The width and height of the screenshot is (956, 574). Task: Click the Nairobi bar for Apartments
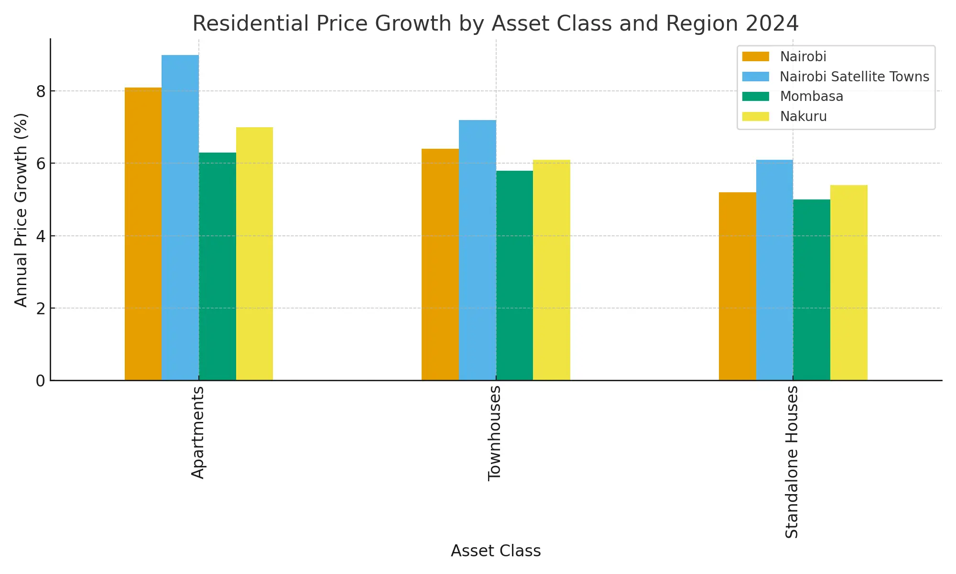pyautogui.click(x=143, y=234)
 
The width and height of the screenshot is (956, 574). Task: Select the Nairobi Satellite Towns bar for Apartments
pyautogui.click(x=180, y=218)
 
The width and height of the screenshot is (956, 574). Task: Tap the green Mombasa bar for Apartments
pyautogui.click(x=217, y=266)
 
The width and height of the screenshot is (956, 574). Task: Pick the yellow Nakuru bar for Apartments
pyautogui.click(x=254, y=254)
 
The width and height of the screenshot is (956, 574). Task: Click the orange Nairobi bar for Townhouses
pyautogui.click(x=440, y=265)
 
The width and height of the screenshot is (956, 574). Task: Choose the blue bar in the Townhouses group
pyautogui.click(x=478, y=250)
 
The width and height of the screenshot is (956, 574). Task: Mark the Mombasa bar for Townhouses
pyautogui.click(x=514, y=276)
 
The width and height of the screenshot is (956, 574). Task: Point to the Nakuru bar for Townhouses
pyautogui.click(x=552, y=270)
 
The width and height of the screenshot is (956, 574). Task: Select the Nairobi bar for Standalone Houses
pyautogui.click(x=738, y=286)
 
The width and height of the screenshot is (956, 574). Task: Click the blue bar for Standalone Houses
pyautogui.click(x=774, y=270)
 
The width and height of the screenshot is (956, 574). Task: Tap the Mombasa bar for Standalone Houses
pyautogui.click(x=812, y=290)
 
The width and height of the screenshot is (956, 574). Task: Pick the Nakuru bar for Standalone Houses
pyautogui.click(x=849, y=283)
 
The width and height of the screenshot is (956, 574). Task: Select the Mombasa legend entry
pyautogui.click(x=811, y=97)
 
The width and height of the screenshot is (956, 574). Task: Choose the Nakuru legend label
pyautogui.click(x=803, y=117)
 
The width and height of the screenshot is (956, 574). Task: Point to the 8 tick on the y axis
pyautogui.click(x=41, y=91)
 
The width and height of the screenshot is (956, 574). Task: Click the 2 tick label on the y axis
pyautogui.click(x=41, y=309)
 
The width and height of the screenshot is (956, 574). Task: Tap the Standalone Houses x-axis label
pyautogui.click(x=792, y=462)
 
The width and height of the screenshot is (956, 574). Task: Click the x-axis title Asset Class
pyautogui.click(x=496, y=551)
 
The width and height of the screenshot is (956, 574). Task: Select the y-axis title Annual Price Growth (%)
pyautogui.click(x=21, y=210)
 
